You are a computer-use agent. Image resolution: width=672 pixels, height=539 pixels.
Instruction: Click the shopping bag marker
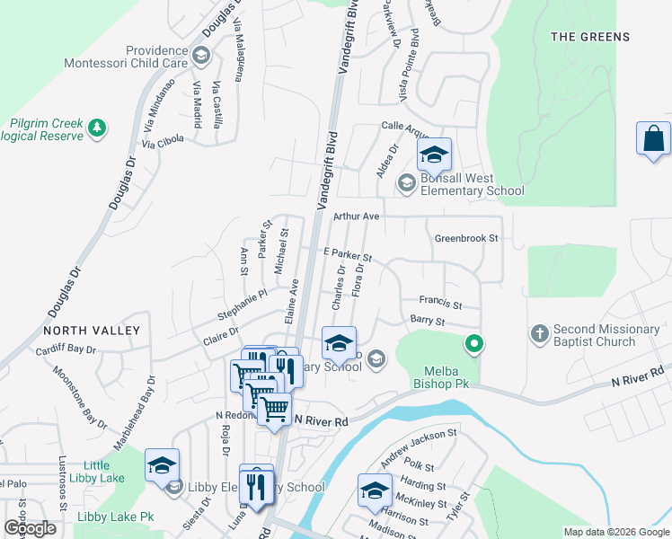click(653, 140)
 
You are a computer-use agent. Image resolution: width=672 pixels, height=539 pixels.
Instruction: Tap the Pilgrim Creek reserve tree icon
click(97, 129)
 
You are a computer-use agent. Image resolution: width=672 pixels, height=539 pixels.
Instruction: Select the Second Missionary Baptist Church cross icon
click(540, 335)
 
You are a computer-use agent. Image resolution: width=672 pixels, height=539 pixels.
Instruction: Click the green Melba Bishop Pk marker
click(473, 343)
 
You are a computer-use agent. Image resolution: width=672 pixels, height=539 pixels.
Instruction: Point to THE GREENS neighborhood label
click(589, 37)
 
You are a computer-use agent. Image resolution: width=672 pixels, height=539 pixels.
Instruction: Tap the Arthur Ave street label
click(357, 216)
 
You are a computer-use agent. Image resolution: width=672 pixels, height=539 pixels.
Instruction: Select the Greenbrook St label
click(465, 239)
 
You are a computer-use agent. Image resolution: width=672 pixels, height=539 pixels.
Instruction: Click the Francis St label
click(440, 304)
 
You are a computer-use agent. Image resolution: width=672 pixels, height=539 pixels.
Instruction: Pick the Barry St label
click(428, 321)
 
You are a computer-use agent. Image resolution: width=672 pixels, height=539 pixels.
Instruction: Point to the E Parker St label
click(348, 256)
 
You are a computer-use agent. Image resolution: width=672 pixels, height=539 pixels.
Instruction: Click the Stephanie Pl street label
click(243, 305)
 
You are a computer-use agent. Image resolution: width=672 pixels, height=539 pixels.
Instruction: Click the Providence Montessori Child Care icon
click(201, 57)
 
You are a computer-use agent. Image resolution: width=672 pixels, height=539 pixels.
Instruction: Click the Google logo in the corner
click(30, 528)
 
